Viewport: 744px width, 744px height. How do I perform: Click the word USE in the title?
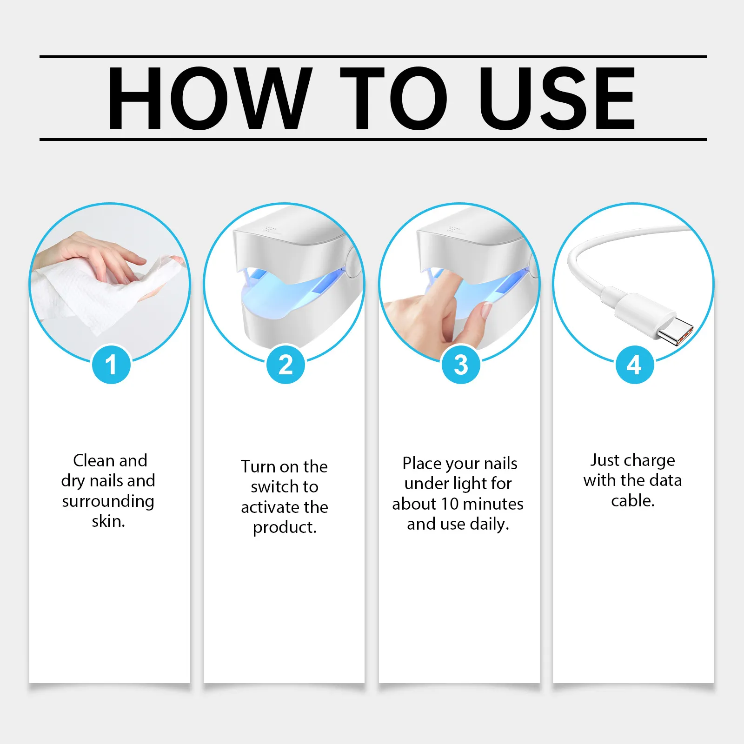click(x=557, y=98)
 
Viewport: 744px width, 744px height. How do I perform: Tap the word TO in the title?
click(x=393, y=98)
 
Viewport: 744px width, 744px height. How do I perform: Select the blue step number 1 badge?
click(x=111, y=365)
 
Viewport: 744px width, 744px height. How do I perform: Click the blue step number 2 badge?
click(x=286, y=365)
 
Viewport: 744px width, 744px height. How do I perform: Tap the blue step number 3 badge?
click(x=460, y=365)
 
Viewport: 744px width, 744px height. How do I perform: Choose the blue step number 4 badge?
click(x=635, y=365)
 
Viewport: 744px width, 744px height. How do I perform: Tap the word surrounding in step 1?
click(x=108, y=502)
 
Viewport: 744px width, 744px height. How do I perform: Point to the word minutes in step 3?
click(x=493, y=504)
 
